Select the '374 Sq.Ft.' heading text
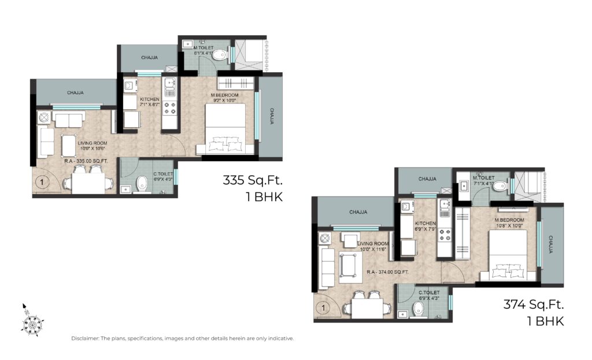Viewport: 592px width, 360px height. click(x=534, y=303)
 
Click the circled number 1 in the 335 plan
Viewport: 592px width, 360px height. click(x=42, y=184)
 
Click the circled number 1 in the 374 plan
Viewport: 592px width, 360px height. click(x=324, y=307)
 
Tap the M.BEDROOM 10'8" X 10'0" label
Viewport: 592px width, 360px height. click(x=509, y=223)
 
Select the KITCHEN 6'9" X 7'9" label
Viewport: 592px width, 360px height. click(x=425, y=226)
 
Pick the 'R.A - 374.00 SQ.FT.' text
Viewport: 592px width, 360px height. click(x=388, y=271)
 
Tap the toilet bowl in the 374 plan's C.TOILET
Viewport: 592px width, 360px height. click(x=420, y=311)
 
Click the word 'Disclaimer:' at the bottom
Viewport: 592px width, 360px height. click(x=85, y=339)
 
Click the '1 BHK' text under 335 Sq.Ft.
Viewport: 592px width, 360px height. click(x=263, y=196)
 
